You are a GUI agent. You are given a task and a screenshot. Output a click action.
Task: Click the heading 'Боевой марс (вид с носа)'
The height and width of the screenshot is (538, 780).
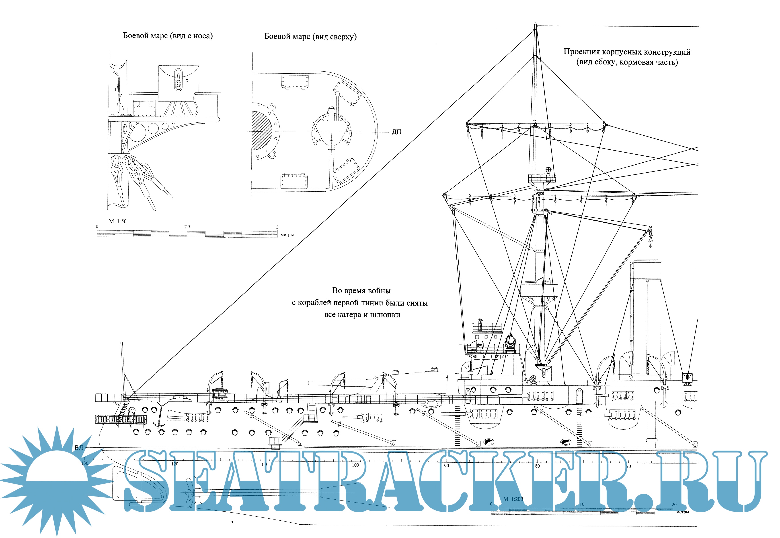168,36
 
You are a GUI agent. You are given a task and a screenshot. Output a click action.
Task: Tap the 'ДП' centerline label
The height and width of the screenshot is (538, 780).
396,132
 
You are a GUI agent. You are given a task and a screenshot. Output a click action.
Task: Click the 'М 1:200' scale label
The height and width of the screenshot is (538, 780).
513,499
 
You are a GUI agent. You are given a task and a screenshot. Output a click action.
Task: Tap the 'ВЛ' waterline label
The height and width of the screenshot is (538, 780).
79,448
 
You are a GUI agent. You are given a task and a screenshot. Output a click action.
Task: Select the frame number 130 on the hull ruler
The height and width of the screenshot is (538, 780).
85,463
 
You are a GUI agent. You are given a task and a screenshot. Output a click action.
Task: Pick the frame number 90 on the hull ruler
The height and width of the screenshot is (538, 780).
446,466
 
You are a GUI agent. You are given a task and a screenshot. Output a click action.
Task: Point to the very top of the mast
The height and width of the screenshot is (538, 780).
536,24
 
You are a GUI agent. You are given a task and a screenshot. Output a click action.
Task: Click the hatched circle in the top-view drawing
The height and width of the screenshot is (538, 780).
262,131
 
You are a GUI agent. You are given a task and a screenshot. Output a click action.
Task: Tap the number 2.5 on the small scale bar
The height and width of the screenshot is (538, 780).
187,227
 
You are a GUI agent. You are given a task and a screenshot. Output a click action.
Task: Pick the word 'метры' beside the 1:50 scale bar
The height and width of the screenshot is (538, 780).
287,235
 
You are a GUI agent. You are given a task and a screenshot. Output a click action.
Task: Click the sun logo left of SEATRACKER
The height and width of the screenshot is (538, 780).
57,479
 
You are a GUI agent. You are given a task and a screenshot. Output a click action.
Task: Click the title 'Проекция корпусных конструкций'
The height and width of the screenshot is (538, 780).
627,52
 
